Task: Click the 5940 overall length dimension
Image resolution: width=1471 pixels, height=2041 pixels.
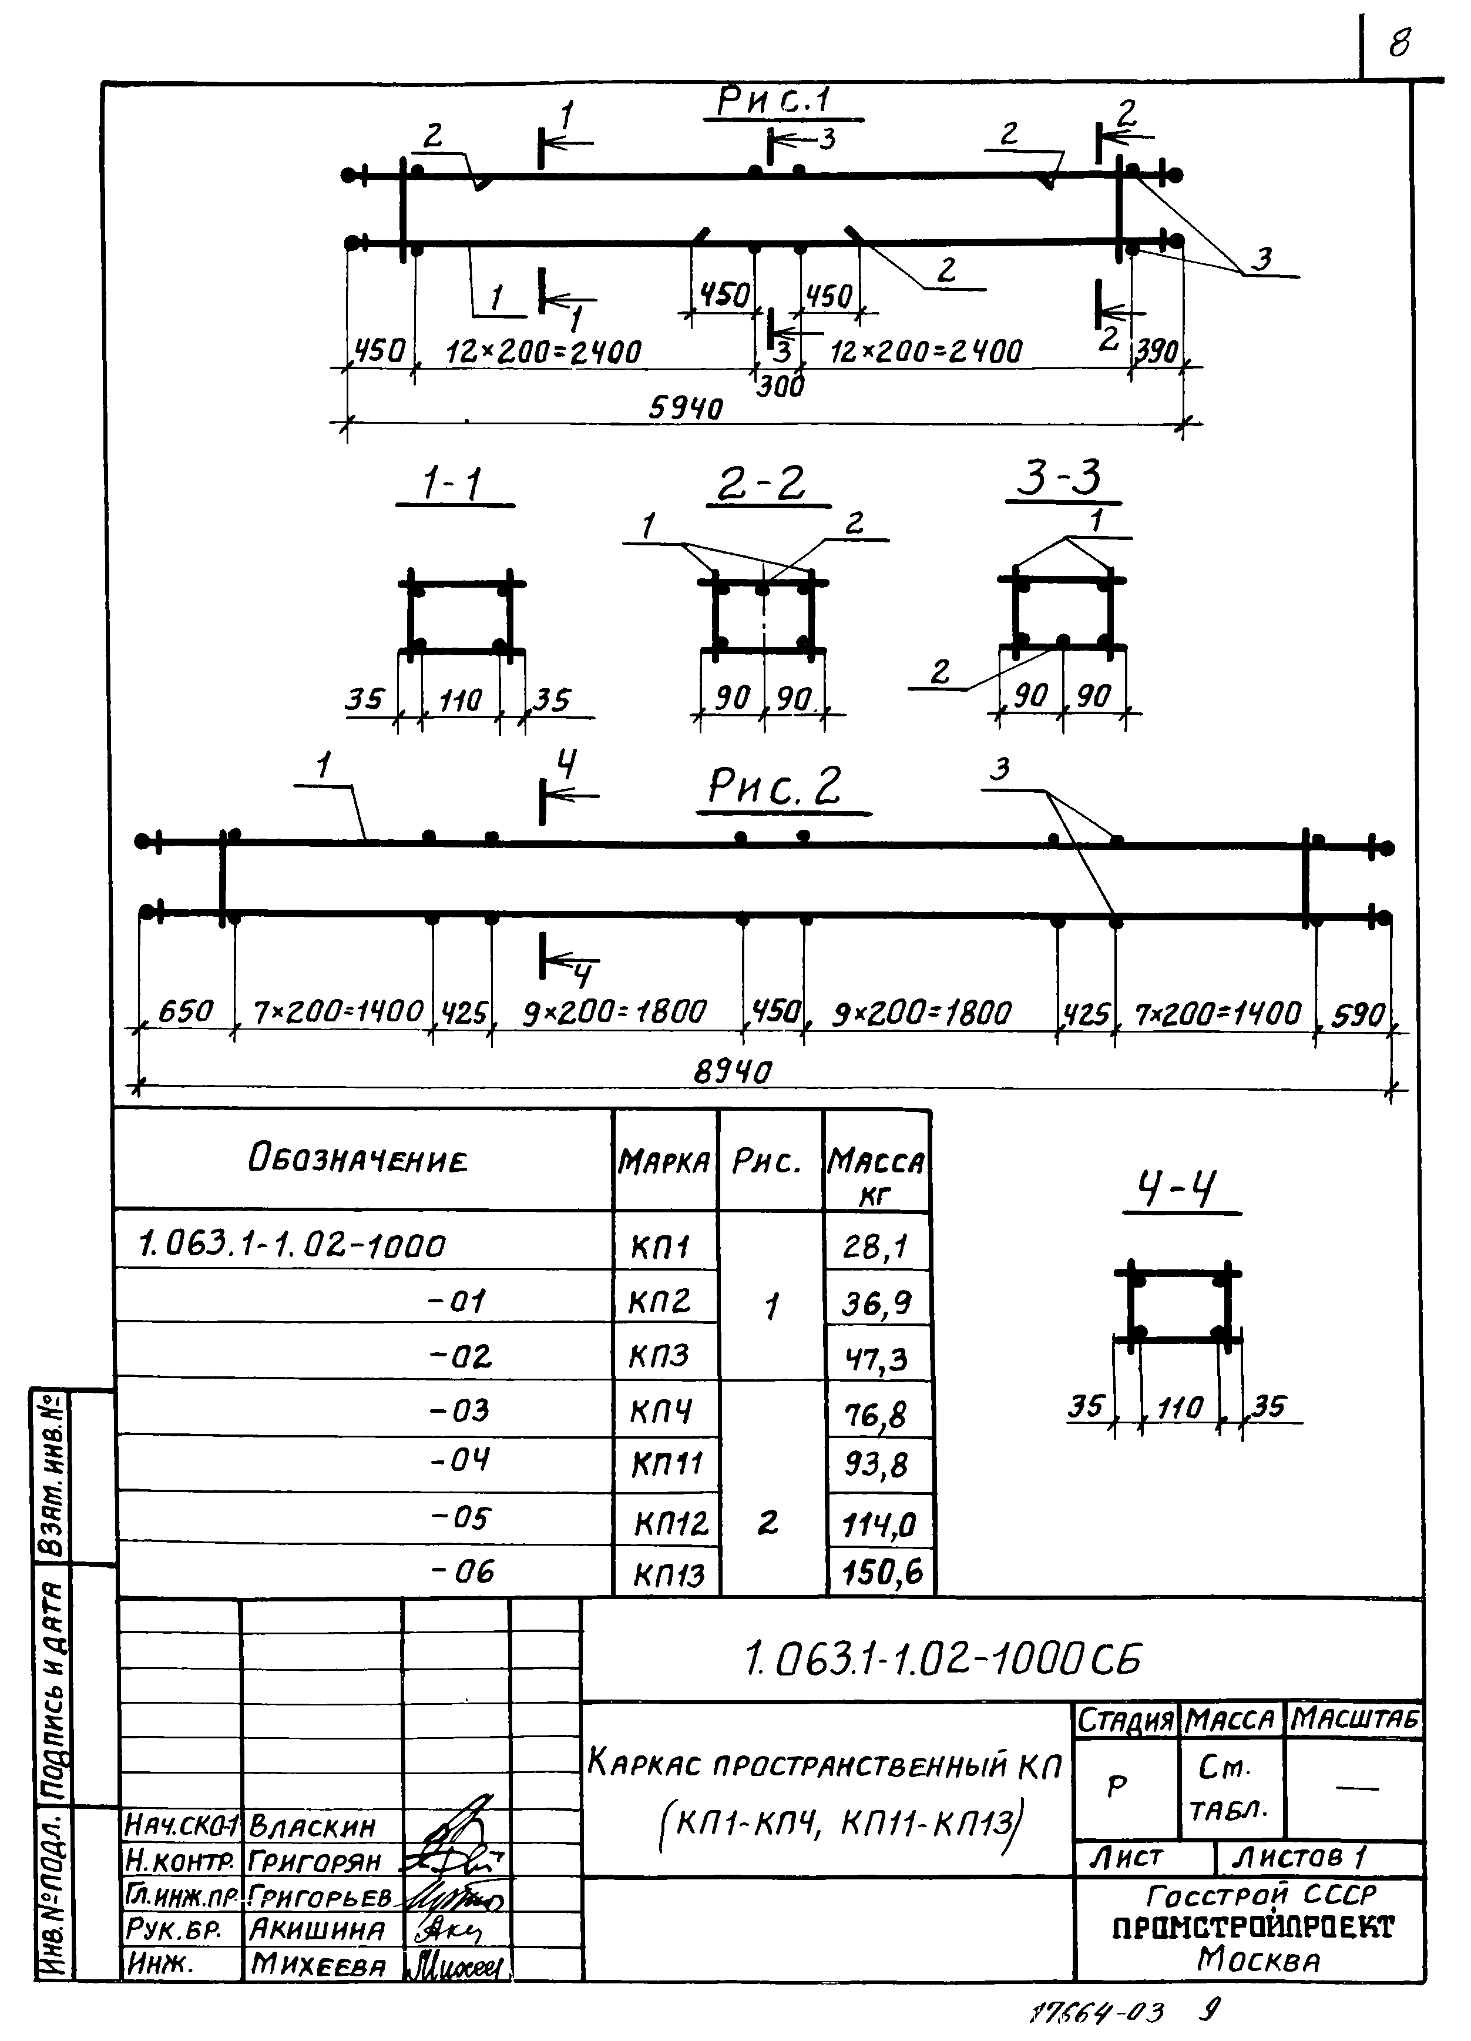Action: click(x=686, y=410)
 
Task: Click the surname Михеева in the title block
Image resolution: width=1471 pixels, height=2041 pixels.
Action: click(x=318, y=1965)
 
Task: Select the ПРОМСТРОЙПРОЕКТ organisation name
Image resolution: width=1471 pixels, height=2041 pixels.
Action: click(x=1253, y=1928)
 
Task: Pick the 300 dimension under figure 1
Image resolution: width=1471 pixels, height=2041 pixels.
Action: click(x=779, y=387)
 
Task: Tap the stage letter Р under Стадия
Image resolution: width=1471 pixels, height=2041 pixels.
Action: click(x=1117, y=1787)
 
